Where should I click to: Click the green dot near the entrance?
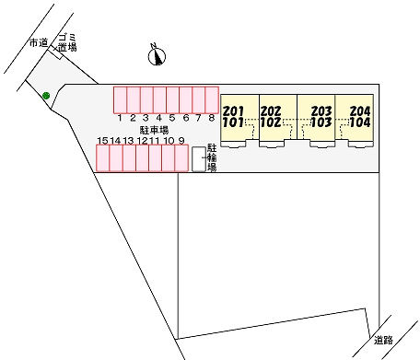[46, 96]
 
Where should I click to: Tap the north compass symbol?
[157, 55]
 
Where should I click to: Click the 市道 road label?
[39, 43]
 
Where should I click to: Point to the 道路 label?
[383, 340]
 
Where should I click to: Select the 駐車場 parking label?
[154, 130]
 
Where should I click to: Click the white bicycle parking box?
[199, 159]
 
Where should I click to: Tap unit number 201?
[233, 110]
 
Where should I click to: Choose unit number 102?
[271, 122]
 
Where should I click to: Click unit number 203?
[321, 110]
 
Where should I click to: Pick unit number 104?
[360, 122]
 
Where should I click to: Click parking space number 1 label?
[120, 118]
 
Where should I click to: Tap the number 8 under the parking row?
[212, 118]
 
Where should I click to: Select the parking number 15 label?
[102, 141]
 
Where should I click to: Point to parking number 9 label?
[181, 141]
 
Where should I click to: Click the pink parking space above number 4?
[159, 100]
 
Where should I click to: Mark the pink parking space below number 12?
[143, 158]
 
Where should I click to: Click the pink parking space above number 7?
[199, 100]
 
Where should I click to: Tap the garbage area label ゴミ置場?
[67, 42]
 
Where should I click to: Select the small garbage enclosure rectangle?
[56, 53]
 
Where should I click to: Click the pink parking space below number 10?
[169, 158]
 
